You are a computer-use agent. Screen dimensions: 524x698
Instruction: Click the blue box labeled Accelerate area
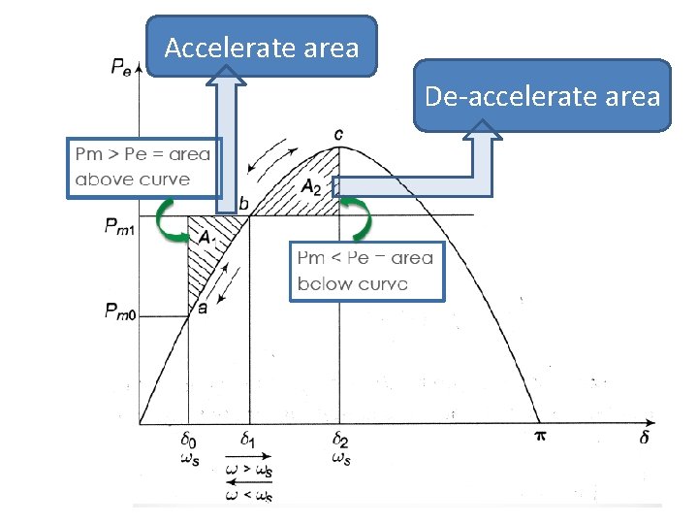tap(262, 47)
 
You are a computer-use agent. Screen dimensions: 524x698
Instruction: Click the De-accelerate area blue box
tap(542, 96)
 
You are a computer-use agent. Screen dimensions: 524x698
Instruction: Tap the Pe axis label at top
tap(122, 67)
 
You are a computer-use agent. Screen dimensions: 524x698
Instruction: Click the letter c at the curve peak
tap(339, 132)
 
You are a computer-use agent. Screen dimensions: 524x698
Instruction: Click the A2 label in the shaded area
tap(311, 187)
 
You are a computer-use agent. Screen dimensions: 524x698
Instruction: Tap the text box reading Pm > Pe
tap(143, 167)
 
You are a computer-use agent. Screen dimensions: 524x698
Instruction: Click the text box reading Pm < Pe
tap(366, 271)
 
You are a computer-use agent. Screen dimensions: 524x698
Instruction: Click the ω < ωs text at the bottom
tap(248, 496)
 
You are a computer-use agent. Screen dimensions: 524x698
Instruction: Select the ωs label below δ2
tap(342, 458)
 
